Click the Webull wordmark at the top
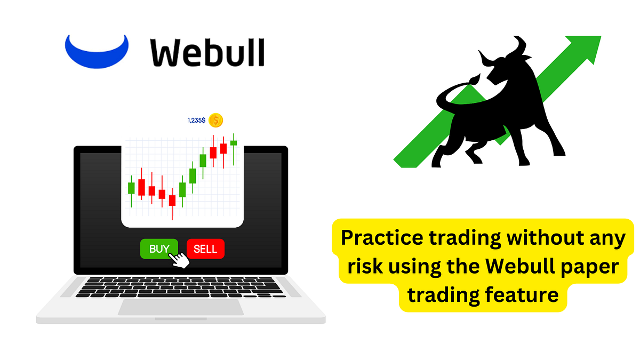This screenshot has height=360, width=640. [207, 52]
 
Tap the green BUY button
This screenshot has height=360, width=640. [158, 249]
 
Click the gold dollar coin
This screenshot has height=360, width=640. [215, 121]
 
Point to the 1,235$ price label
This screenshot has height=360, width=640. [196, 121]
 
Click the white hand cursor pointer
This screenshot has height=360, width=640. [179, 260]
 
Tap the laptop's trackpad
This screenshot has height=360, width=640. [181, 307]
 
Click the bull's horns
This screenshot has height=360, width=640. [501, 51]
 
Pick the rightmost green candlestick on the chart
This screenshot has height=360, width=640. [234, 143]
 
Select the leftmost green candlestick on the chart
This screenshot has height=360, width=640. [131, 188]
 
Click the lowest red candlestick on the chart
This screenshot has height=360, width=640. [172, 200]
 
